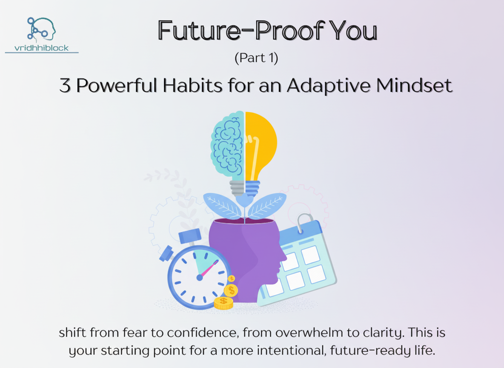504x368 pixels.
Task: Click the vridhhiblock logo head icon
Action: tap(42, 29)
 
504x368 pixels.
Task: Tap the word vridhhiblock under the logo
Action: tap(42, 48)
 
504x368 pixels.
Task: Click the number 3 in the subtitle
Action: tap(65, 86)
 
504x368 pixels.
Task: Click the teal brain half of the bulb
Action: tap(228, 143)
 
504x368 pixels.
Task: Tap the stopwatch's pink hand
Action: tap(209, 269)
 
